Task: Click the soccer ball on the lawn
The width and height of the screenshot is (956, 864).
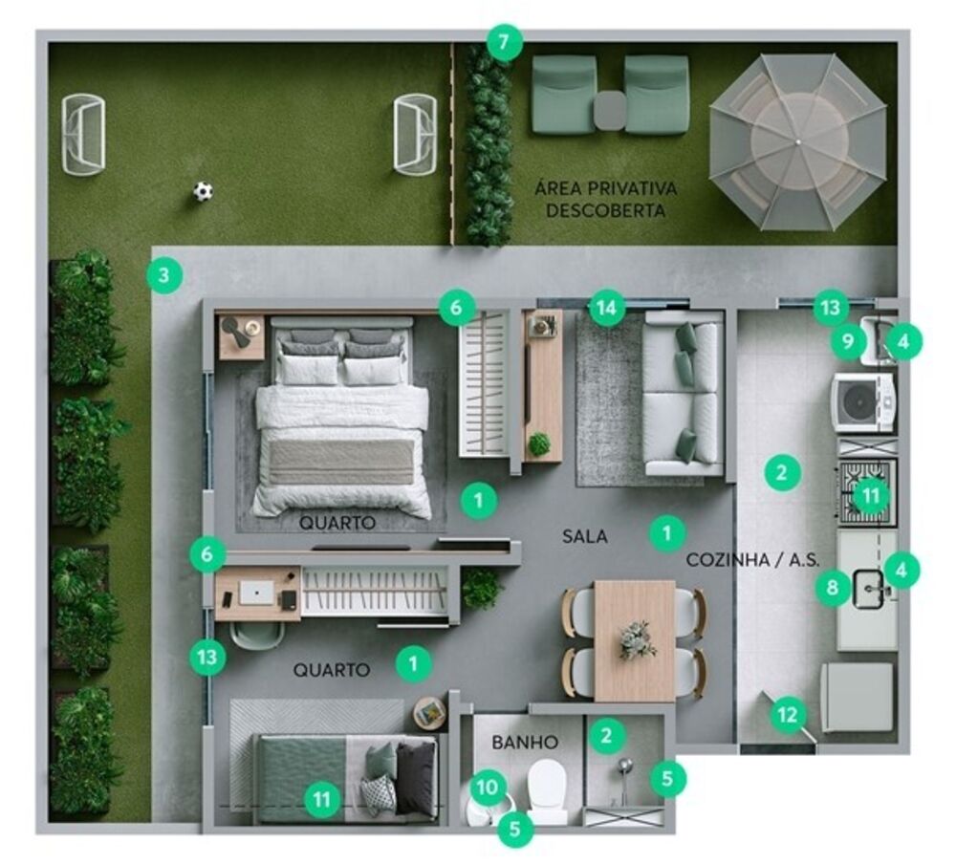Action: point(203,191)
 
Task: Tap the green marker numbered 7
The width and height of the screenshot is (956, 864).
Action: point(504,42)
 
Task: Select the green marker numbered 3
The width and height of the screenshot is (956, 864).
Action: point(164,276)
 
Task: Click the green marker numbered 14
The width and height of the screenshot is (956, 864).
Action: point(606,308)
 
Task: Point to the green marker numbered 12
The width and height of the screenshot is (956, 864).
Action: point(788,714)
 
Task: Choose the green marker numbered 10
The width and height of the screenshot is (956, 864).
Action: point(488,787)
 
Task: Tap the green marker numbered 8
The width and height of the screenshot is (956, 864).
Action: point(833,588)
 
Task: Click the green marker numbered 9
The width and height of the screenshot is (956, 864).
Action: point(848,340)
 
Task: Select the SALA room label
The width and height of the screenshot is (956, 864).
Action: point(584,537)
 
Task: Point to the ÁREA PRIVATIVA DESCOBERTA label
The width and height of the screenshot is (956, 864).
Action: point(605,199)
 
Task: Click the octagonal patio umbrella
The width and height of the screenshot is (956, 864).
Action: point(797,141)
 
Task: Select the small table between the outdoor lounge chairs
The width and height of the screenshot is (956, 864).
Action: point(609,111)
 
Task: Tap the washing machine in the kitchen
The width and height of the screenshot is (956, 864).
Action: point(862,401)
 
